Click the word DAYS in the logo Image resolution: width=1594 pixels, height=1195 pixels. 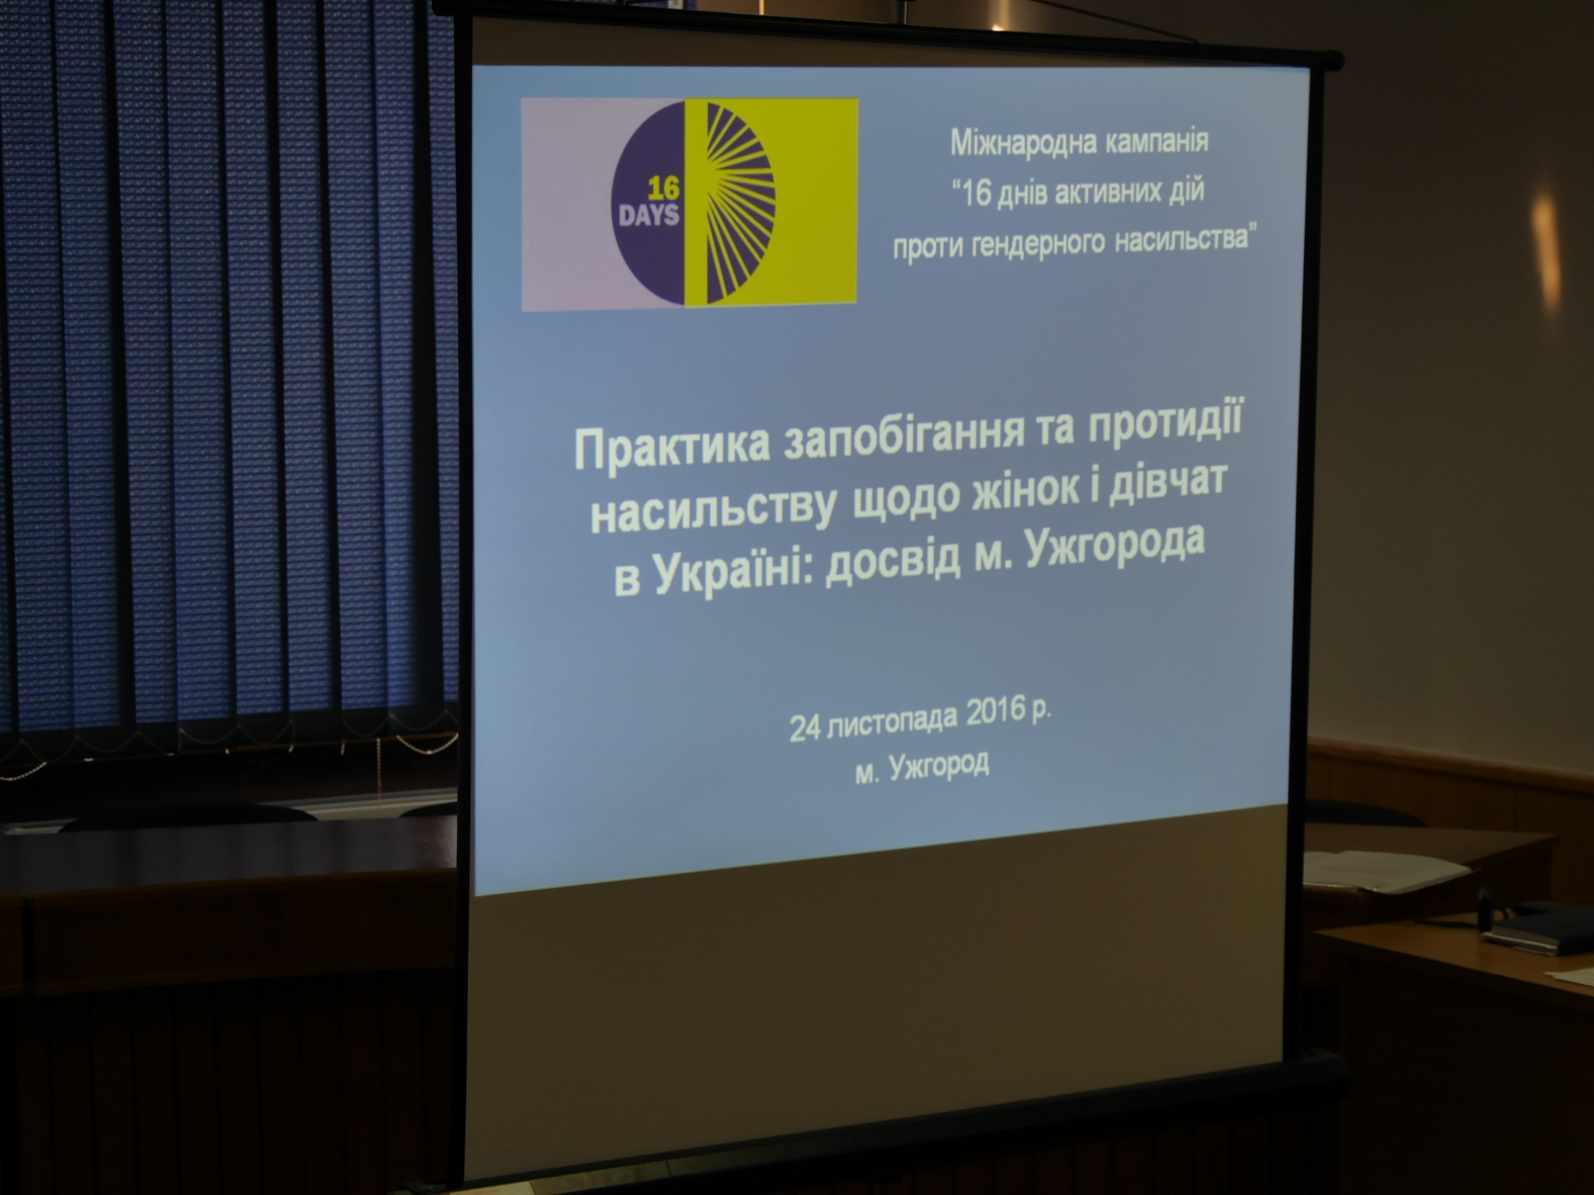[x=649, y=214]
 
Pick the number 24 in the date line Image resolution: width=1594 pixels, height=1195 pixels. [x=805, y=729]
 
